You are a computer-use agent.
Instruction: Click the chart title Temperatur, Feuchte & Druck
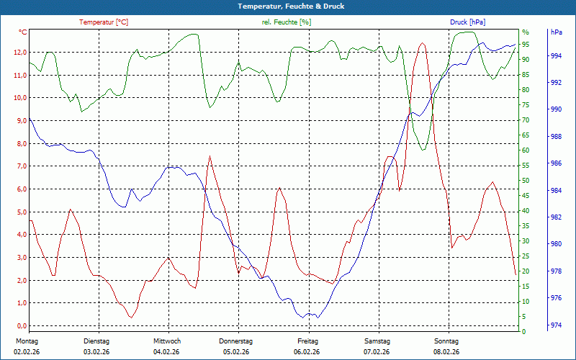click(x=287, y=6)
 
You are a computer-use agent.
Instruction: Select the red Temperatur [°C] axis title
click(x=104, y=22)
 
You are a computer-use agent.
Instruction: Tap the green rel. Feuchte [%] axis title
click(x=287, y=22)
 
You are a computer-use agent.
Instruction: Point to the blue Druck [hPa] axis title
click(x=469, y=22)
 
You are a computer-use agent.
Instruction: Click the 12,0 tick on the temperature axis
click(x=19, y=53)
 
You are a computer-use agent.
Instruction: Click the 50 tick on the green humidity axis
click(x=526, y=181)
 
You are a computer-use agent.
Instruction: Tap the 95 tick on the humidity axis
click(x=526, y=45)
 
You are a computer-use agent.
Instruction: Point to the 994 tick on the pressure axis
click(x=555, y=55)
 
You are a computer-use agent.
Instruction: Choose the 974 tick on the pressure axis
click(x=555, y=325)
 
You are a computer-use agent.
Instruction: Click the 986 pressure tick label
click(x=555, y=163)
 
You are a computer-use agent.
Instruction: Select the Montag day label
click(x=26, y=341)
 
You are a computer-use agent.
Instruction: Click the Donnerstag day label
click(x=235, y=341)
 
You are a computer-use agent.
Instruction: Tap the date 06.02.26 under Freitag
click(x=307, y=351)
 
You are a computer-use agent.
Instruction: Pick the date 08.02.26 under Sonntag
click(x=446, y=351)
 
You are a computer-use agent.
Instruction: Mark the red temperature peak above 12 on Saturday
click(x=422, y=43)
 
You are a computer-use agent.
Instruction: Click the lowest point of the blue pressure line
click(x=317, y=318)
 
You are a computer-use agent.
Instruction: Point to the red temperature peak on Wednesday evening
click(x=210, y=156)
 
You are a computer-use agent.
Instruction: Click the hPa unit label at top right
click(x=556, y=33)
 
